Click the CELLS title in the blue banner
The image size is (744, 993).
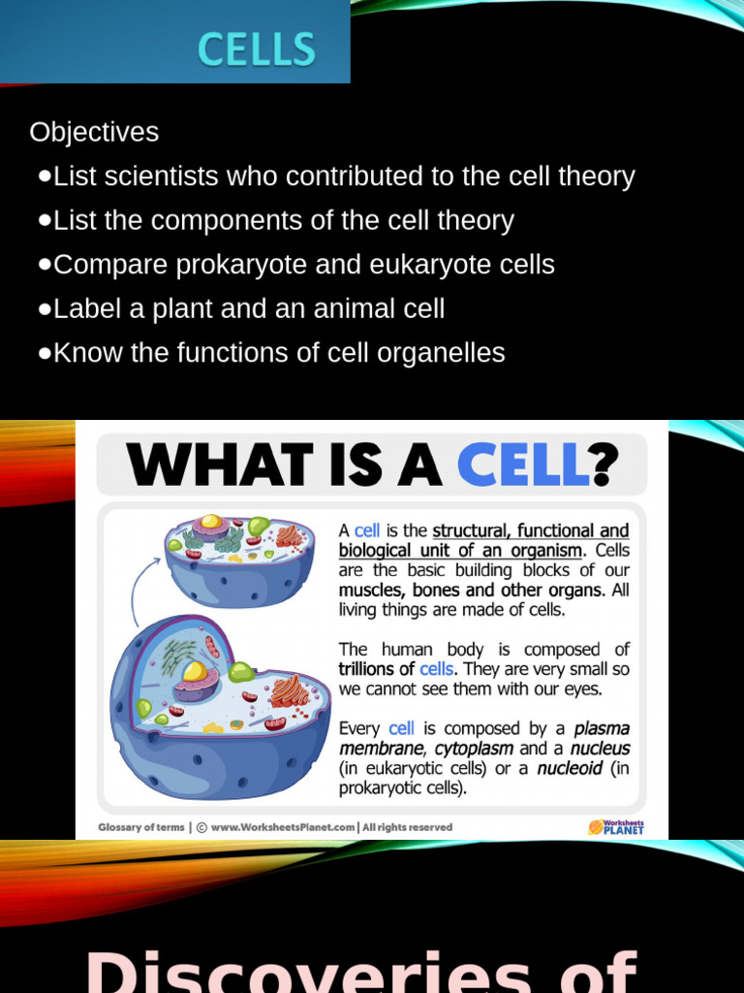click(x=257, y=49)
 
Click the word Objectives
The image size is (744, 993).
click(x=94, y=132)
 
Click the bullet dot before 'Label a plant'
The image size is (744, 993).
click(x=45, y=309)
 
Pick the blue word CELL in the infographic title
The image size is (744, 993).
click(x=522, y=464)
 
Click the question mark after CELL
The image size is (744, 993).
click(x=604, y=464)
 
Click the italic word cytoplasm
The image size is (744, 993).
click(x=474, y=748)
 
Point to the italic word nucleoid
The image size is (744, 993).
click(x=569, y=768)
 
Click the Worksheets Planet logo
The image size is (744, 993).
click(x=615, y=827)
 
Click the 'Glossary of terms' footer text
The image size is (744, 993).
click(x=140, y=827)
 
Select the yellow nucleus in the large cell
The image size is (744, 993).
click(x=195, y=671)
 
